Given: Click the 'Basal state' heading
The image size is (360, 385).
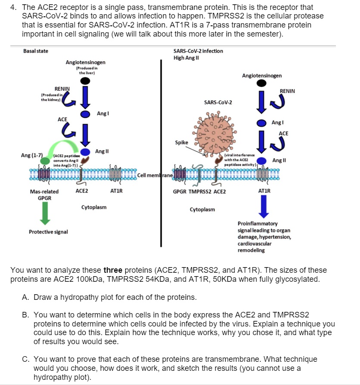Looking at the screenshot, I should point(36,51).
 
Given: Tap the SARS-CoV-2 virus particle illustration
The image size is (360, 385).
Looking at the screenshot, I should point(214,132).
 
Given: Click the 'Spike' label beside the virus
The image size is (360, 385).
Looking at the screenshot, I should point(181,142).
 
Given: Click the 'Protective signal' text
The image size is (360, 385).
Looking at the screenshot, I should point(48,232).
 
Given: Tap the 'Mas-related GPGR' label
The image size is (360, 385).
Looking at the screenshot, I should point(44,194).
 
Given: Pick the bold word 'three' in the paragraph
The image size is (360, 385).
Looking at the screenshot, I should point(113,270).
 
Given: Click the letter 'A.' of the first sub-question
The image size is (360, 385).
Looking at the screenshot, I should point(25,298).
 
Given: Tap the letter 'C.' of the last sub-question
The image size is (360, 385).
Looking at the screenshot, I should point(25,359).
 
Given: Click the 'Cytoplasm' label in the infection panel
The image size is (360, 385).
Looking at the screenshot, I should point(202,209).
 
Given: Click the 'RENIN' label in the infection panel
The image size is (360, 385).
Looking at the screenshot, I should point(288,91).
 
